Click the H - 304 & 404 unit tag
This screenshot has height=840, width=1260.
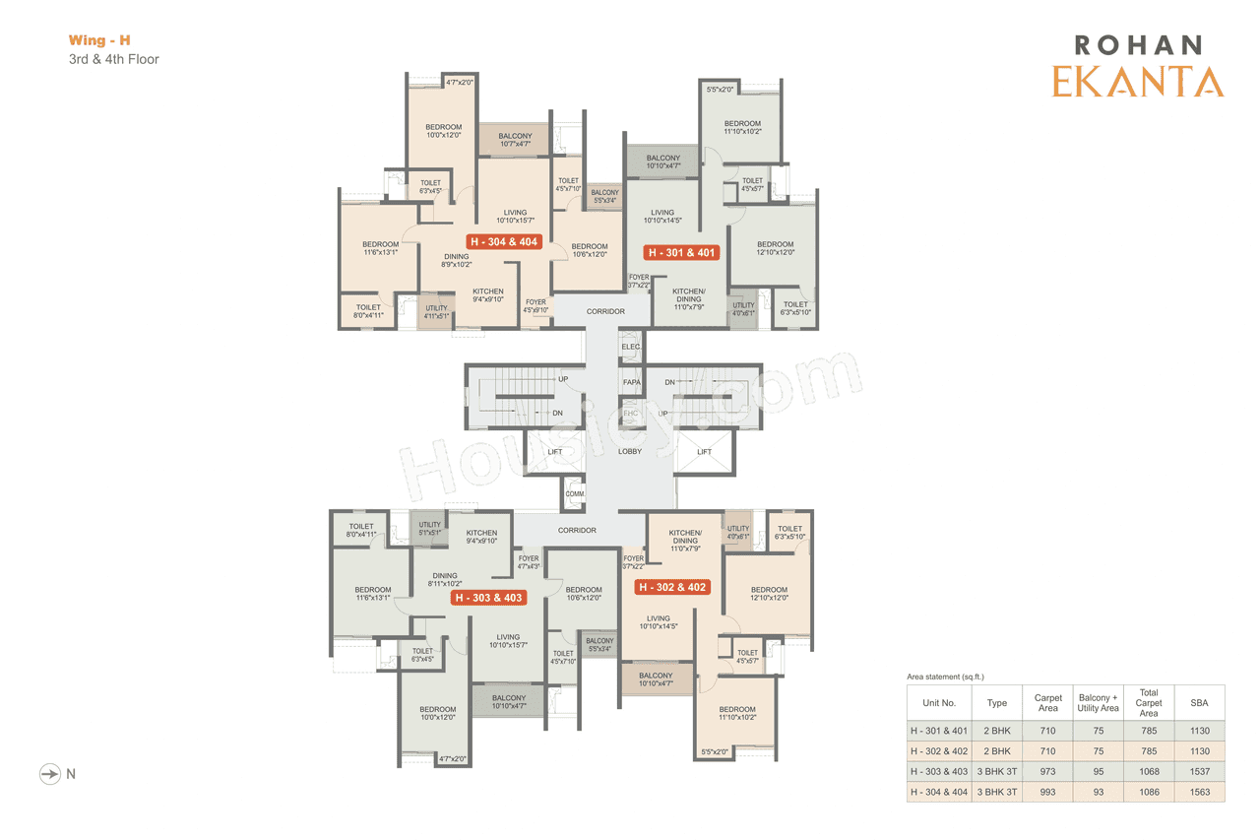coord(504,241)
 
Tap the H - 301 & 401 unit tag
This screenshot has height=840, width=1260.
coord(680,253)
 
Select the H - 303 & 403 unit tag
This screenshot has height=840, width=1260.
coord(487,598)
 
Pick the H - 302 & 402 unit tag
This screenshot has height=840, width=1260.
coord(672,587)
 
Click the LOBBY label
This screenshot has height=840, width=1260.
coord(630,452)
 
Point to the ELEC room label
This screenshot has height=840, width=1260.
coord(631,347)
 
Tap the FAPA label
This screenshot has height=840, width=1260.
coord(631,381)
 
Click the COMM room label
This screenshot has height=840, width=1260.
coord(575,493)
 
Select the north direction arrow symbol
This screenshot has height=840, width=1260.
coord(49,774)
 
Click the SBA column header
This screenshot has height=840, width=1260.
coord(1199,703)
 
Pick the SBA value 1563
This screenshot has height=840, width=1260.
coord(1199,792)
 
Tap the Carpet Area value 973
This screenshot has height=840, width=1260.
coord(1047,771)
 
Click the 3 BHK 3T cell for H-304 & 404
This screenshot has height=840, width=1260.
coord(997,792)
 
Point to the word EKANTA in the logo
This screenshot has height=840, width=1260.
coord(1137,82)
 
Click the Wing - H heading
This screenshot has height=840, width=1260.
coord(99,40)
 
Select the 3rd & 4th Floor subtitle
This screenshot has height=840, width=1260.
coord(113,59)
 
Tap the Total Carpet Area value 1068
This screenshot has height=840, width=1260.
coord(1149,771)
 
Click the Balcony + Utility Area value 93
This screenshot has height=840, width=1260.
coord(1098,792)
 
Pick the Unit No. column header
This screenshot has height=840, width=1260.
coord(939,703)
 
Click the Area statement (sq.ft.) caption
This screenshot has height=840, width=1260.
coord(945,678)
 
